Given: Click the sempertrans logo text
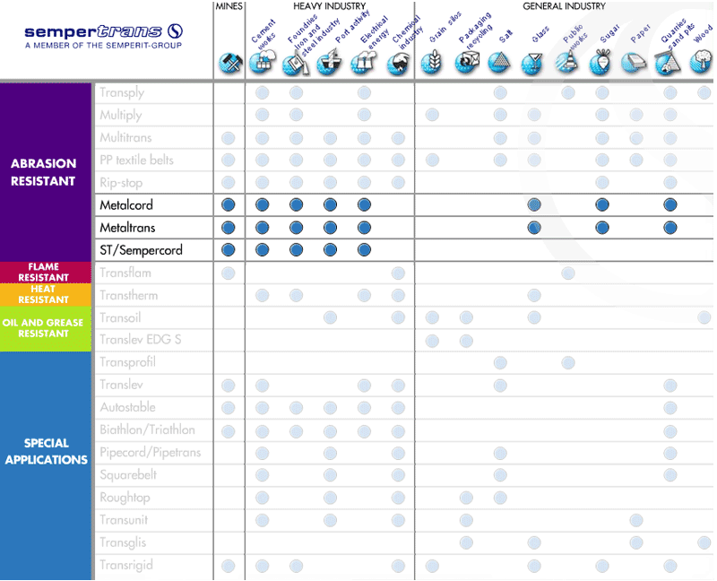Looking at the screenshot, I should point(94,31).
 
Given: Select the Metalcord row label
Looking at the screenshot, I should point(126,205).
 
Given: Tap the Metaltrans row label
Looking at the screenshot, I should point(127,228).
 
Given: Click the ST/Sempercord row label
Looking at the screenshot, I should point(141,250).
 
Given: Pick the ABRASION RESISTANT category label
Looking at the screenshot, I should point(43,171).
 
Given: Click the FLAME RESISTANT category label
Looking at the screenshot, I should point(44,273).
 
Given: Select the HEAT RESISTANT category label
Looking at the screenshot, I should point(44,294).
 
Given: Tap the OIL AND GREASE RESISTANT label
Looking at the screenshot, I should point(44,327).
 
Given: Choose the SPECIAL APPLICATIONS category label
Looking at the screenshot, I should point(44,451).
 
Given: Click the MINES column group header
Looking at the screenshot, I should point(229,6).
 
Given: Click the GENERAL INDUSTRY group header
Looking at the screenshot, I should point(564,6).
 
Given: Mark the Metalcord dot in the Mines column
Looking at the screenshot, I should point(229,205).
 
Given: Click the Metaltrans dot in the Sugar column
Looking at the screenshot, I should point(602,228).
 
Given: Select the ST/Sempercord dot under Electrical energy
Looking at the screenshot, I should point(364,250).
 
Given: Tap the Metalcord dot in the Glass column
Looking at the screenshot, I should point(534,205).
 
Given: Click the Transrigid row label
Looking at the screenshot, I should point(126,566).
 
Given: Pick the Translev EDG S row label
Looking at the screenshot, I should point(142,340).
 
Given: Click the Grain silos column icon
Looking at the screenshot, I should point(432,63).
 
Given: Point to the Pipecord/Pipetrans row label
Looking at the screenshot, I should point(150,453).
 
